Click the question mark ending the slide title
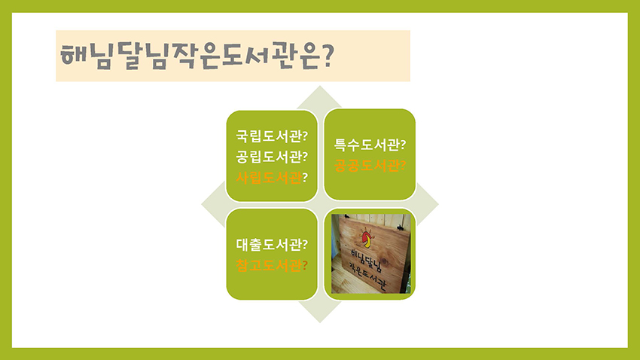tap(328, 55)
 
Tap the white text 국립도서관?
tap(272, 136)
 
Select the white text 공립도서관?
tap(272, 157)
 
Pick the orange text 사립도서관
tap(270, 178)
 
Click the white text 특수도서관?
tap(370, 145)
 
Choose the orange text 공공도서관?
tap(370, 165)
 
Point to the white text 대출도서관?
tap(272, 245)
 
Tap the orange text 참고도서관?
tap(272, 265)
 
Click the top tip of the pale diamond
tap(319, 86)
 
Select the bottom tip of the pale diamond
tap(319, 322)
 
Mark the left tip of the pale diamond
tap(202, 205)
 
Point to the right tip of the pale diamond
tap(438, 205)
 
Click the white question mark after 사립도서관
tap(305, 178)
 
